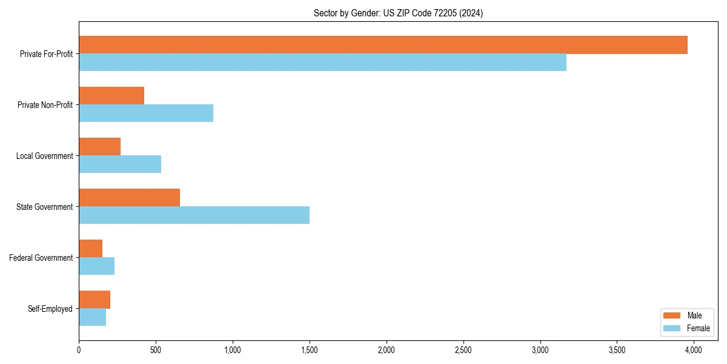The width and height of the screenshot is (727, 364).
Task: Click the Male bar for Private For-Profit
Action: [x=383, y=45]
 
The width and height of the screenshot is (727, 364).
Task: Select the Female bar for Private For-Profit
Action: [x=322, y=62]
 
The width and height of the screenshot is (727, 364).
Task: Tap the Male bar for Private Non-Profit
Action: [x=111, y=96]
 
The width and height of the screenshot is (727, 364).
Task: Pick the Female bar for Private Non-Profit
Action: [x=146, y=113]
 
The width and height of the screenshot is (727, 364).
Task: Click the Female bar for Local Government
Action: [x=120, y=164]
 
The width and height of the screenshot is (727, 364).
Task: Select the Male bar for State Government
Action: [x=129, y=198]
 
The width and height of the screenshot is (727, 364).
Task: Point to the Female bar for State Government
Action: [x=194, y=215]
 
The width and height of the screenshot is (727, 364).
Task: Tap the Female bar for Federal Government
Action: [x=96, y=266]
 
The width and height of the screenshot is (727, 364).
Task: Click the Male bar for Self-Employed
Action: [x=95, y=300]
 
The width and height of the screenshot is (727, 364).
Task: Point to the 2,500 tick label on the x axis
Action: [x=463, y=350]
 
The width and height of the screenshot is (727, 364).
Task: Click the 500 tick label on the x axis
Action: [x=156, y=350]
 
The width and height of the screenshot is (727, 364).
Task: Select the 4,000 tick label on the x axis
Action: [x=694, y=350]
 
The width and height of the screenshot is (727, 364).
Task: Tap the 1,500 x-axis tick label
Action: [x=310, y=350]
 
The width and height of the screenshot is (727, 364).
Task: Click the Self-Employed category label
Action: [x=50, y=309]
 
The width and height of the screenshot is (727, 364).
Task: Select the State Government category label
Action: [x=44, y=207]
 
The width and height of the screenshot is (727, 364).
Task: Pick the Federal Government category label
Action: [x=41, y=258]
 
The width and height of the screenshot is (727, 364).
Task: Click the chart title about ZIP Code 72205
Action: [x=398, y=13]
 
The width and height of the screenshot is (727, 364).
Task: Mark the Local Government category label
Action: [x=44, y=156]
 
